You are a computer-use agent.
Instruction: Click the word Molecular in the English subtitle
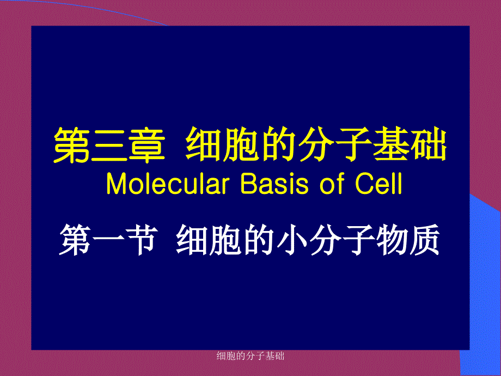click(168, 184)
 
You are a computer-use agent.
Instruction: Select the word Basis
click(274, 184)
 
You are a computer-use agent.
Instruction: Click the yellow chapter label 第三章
click(109, 145)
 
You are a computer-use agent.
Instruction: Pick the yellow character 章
click(147, 145)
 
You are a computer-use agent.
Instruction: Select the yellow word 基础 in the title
click(410, 144)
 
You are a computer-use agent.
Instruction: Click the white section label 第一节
click(108, 239)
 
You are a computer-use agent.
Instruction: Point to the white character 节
click(142, 239)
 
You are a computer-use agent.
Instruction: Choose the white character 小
click(292, 240)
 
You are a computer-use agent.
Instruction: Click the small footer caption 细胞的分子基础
click(250, 355)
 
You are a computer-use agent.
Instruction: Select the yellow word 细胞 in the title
click(222, 144)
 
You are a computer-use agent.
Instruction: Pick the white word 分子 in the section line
click(342, 240)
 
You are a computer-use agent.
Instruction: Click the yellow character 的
click(277, 144)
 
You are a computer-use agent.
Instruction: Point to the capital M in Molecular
click(117, 184)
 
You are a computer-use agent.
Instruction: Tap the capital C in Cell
click(364, 184)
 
